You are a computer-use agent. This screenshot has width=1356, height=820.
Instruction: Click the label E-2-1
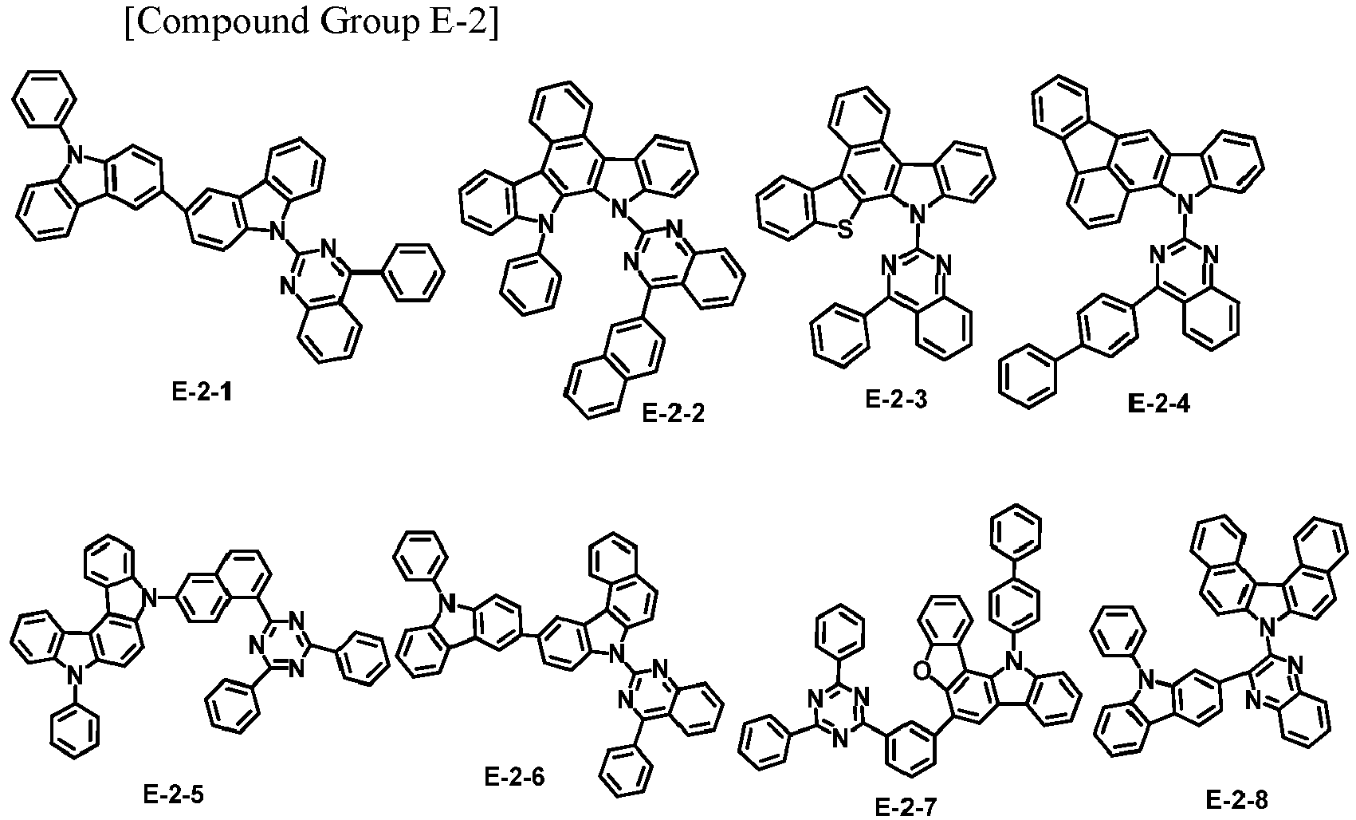click(x=202, y=393)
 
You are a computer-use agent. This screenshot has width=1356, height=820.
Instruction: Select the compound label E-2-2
click(x=673, y=414)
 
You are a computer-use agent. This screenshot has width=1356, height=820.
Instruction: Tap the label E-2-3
click(x=896, y=399)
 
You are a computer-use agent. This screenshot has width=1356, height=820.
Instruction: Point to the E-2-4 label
click(x=1158, y=404)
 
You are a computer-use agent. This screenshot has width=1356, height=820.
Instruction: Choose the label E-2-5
click(x=174, y=794)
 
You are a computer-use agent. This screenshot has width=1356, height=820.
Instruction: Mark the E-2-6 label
click(x=514, y=776)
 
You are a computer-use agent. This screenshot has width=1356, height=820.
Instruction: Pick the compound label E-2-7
click(x=906, y=806)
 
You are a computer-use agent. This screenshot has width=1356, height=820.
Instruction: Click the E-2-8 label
click(x=1236, y=800)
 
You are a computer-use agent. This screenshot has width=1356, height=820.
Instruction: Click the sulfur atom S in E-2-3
click(x=846, y=230)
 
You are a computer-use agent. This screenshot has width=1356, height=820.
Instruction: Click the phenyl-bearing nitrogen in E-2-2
click(x=546, y=226)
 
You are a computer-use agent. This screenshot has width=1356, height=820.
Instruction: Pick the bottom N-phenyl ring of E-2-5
click(x=74, y=733)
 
